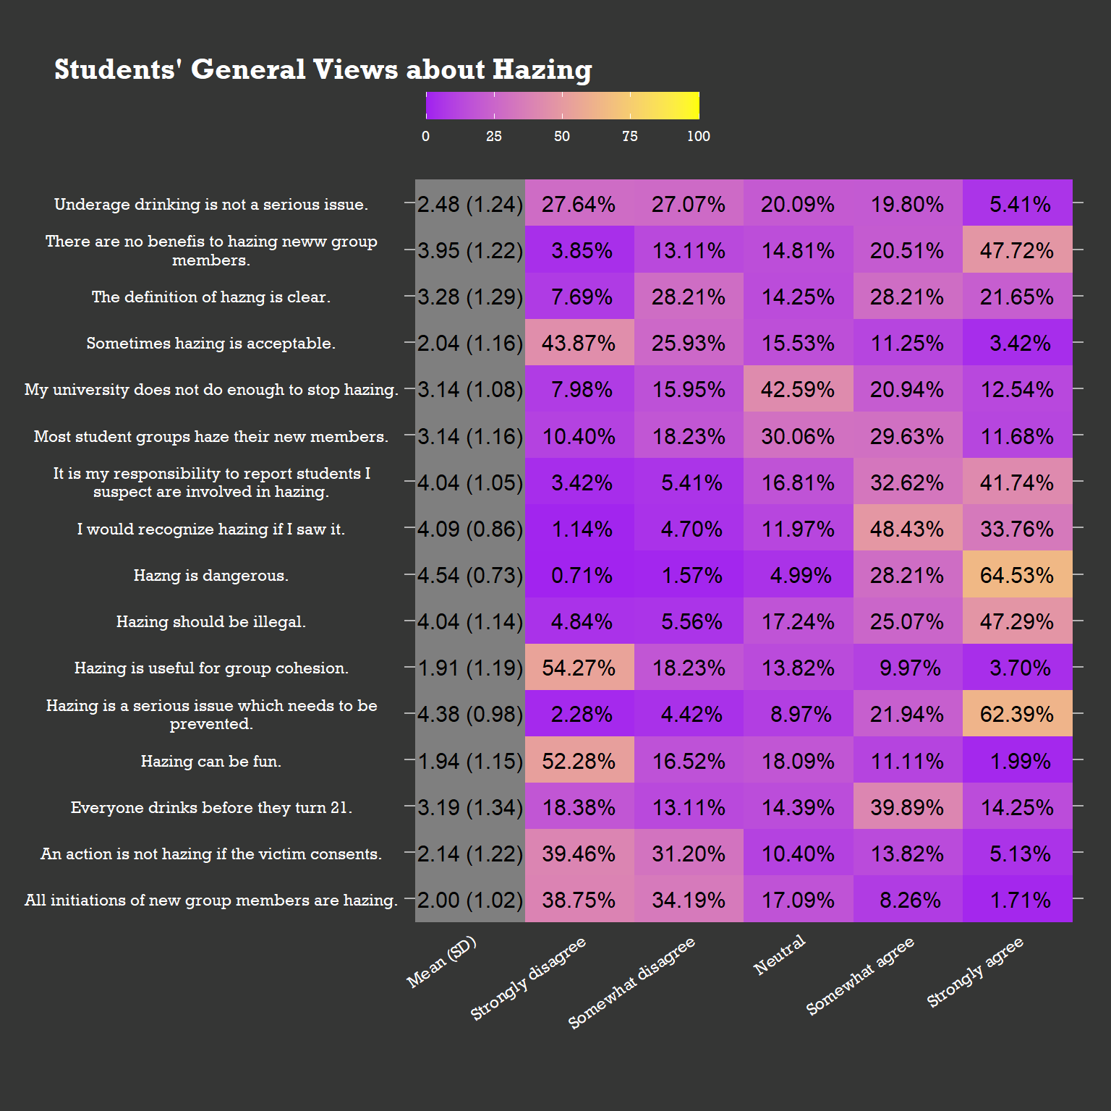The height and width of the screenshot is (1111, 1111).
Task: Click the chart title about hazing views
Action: (x=323, y=70)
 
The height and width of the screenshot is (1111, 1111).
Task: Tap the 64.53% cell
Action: (x=1017, y=576)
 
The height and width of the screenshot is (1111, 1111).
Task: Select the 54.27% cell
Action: (x=579, y=668)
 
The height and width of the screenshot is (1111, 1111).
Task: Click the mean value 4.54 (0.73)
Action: (x=470, y=576)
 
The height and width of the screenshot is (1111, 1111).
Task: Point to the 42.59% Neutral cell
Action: (x=798, y=390)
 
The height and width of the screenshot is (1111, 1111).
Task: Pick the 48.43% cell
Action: (x=907, y=529)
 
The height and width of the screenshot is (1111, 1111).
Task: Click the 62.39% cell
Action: (x=1017, y=715)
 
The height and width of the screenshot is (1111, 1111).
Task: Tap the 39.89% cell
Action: (x=907, y=807)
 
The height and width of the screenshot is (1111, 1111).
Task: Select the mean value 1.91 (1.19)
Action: (x=470, y=668)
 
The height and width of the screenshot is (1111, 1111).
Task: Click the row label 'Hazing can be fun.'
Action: (x=211, y=762)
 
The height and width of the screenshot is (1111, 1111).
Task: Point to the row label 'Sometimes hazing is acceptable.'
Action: (x=211, y=344)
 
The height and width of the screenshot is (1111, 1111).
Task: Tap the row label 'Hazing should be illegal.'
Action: (x=211, y=622)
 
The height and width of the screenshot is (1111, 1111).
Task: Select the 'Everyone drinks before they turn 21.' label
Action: (x=211, y=808)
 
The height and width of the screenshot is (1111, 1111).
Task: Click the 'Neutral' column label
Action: (x=780, y=955)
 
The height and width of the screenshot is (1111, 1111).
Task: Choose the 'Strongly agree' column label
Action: (x=976, y=972)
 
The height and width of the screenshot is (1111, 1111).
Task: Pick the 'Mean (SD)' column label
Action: (x=442, y=962)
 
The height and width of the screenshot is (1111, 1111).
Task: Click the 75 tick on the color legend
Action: (x=630, y=137)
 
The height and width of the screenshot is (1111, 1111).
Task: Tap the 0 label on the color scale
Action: (x=426, y=137)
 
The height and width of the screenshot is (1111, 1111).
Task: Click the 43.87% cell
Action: (x=579, y=344)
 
